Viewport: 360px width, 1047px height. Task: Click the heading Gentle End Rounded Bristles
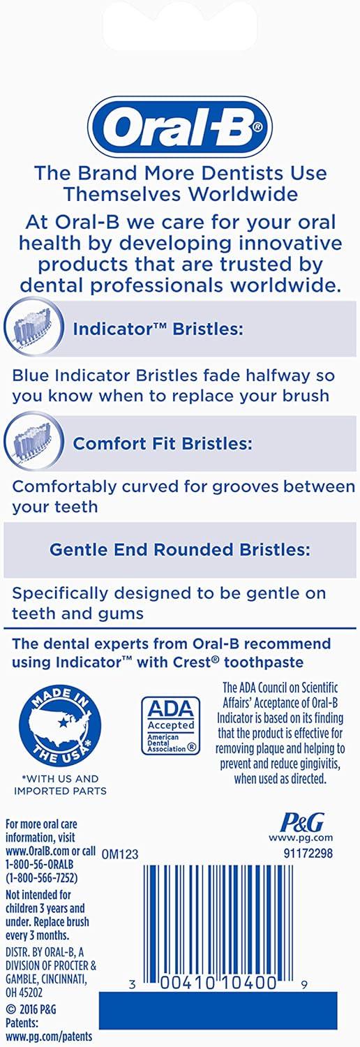coord(180,549)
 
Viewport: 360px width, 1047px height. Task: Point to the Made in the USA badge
coord(60,727)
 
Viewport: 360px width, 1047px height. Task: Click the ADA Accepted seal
coord(171,725)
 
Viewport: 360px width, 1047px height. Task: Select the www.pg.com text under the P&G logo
coord(301,838)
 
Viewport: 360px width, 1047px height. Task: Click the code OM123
coord(119,854)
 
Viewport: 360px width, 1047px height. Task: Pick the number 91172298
coord(308,853)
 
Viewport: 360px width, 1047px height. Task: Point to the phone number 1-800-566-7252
coord(42,878)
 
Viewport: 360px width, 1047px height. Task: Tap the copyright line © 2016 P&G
coord(31,1009)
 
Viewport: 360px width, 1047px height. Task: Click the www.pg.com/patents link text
coord(49,1037)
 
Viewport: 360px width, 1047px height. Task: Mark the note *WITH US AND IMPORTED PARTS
coord(60,785)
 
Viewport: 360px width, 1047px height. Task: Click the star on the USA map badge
coord(63,722)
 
